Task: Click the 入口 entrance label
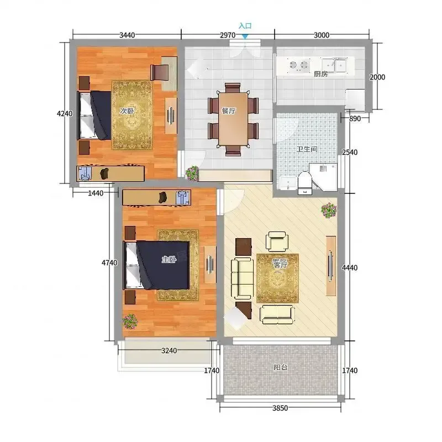(x=245, y=26)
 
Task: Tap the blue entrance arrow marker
(x=245, y=36)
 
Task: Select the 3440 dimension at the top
(x=127, y=35)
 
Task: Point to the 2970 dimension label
(x=228, y=35)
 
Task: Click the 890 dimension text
(x=355, y=119)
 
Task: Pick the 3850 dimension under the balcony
(x=280, y=408)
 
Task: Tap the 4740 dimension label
(x=109, y=263)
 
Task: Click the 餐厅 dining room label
(x=229, y=111)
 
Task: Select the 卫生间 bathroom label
(x=307, y=149)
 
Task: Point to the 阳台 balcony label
(x=281, y=367)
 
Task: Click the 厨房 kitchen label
(x=321, y=74)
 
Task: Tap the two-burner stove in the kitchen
(x=299, y=65)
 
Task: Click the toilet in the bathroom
(x=304, y=183)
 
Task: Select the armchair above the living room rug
(x=277, y=241)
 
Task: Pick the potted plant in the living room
(x=329, y=210)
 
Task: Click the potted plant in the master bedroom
(x=130, y=322)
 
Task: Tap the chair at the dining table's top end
(x=233, y=88)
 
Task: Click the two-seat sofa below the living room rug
(x=278, y=314)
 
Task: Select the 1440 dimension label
(x=96, y=193)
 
